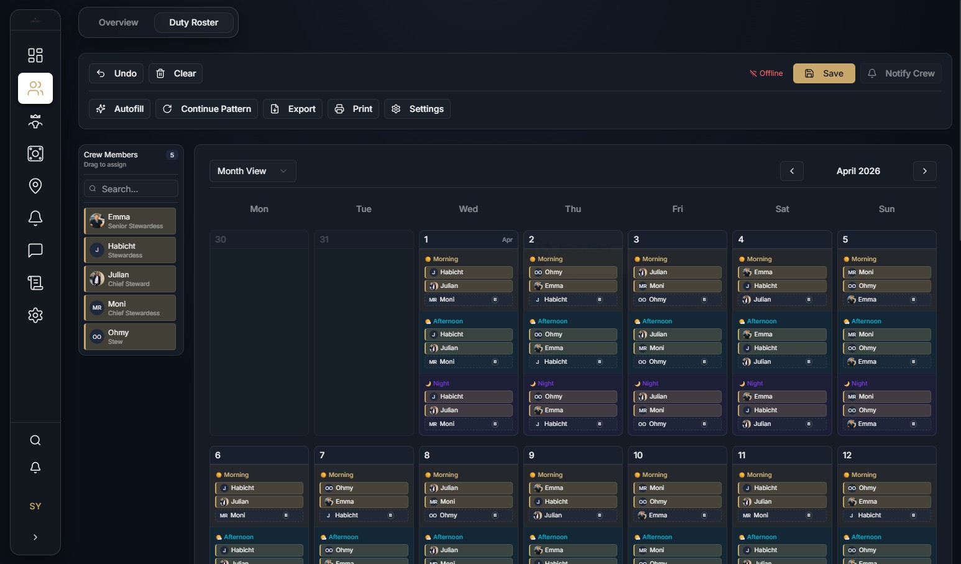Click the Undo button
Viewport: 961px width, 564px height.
tap(116, 73)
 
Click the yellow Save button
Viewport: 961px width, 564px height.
tap(824, 73)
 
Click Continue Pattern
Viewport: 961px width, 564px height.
tap(206, 109)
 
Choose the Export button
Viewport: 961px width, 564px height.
tap(293, 109)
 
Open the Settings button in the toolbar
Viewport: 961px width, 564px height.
tap(417, 109)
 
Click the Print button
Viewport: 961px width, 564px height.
tap(353, 109)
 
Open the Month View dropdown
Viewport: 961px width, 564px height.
tap(252, 171)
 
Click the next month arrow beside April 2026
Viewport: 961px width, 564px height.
tap(924, 171)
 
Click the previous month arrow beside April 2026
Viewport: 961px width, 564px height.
tap(791, 171)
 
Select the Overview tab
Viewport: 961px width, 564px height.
tap(118, 22)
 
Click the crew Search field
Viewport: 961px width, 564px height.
tap(131, 188)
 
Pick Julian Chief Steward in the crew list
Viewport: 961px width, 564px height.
tap(130, 279)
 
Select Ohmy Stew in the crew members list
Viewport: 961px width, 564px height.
tap(130, 336)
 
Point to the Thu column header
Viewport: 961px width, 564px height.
tap(572, 209)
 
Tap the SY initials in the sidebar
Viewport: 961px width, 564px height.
tap(35, 506)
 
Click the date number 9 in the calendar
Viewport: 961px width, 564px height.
tap(531, 455)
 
